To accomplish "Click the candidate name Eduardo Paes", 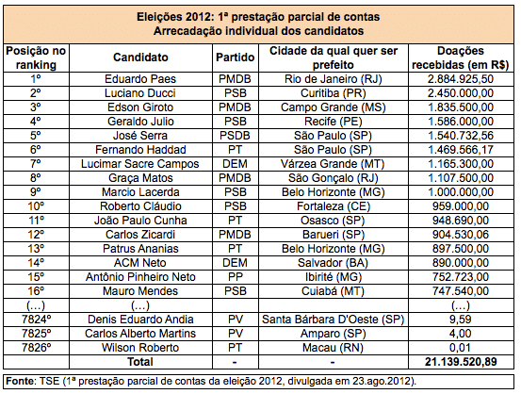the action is coord(140,79).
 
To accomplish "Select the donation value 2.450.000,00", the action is coord(461,93).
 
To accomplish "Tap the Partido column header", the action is coord(235,57).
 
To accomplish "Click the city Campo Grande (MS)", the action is coord(333,107).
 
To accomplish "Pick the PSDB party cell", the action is coord(235,136).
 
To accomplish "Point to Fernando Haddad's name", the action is coord(140,150).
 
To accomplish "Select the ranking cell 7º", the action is coord(36,164).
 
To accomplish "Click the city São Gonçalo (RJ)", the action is coord(333,178).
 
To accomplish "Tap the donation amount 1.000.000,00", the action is coord(461,192).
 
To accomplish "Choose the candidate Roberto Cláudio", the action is coord(140,206).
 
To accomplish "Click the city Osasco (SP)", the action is coord(333,221).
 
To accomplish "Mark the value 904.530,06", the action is coord(461,235).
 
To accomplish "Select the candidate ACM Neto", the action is coord(140,263).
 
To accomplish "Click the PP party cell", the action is coord(235,277).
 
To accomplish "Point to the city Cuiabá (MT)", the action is coord(333,291).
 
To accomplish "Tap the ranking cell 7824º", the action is coord(36,320).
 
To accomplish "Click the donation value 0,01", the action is coord(460,348).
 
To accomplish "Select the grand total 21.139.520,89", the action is coord(461,362).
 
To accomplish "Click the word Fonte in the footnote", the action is coord(20,381).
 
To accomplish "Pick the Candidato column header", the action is coord(140,57).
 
